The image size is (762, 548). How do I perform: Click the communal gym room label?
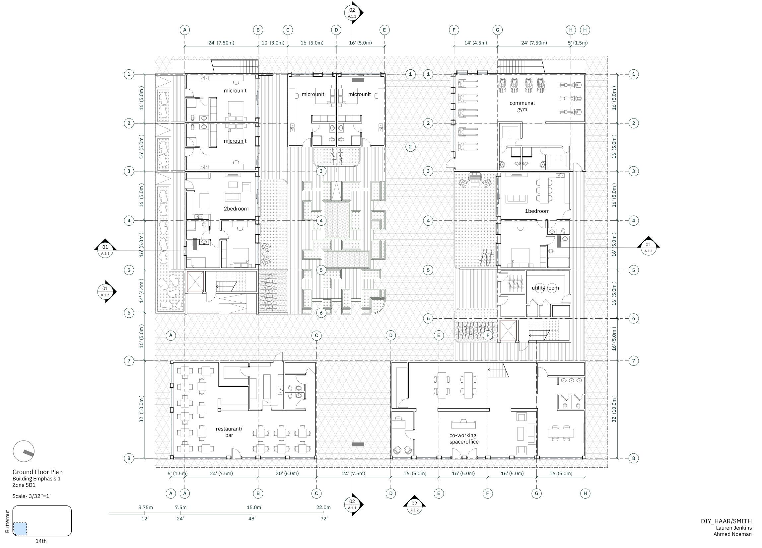522,106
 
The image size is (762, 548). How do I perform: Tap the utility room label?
545,288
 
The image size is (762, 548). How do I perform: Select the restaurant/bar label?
229,432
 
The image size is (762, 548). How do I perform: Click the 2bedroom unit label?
236,209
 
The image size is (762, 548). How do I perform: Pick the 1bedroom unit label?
537,211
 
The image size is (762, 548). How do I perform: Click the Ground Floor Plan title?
37,472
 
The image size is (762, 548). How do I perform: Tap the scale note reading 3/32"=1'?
40,496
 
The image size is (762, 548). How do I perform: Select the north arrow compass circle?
24,451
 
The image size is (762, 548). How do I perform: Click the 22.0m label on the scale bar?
323,507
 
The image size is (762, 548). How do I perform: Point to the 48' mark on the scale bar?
252,518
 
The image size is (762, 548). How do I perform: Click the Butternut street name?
7,521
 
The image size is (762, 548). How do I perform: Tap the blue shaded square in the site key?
20,529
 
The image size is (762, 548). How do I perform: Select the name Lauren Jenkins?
734,528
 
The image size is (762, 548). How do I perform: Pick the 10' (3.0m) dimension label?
273,43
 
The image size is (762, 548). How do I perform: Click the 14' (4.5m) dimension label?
476,43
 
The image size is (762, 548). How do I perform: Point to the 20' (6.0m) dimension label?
287,473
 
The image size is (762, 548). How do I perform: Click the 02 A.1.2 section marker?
414,505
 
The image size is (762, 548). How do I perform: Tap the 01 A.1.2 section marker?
105,291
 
